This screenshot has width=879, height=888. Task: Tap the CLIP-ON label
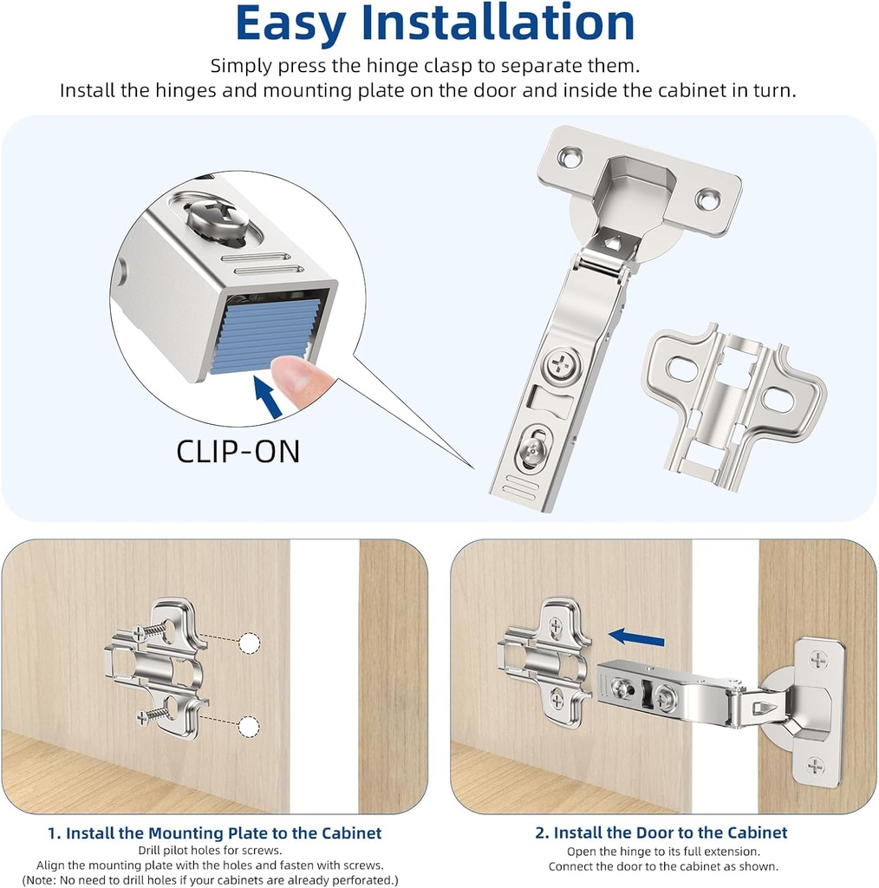pyautogui.click(x=238, y=451)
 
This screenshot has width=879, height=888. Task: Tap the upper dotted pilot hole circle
pyautogui.click(x=250, y=643)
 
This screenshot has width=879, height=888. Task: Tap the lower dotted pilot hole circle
pyautogui.click(x=250, y=726)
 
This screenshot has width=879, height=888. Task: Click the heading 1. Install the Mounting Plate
pyautogui.click(x=214, y=833)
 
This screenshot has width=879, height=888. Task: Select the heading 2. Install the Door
pyautogui.click(x=661, y=833)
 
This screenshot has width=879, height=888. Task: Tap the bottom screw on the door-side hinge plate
pyautogui.click(x=816, y=766)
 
